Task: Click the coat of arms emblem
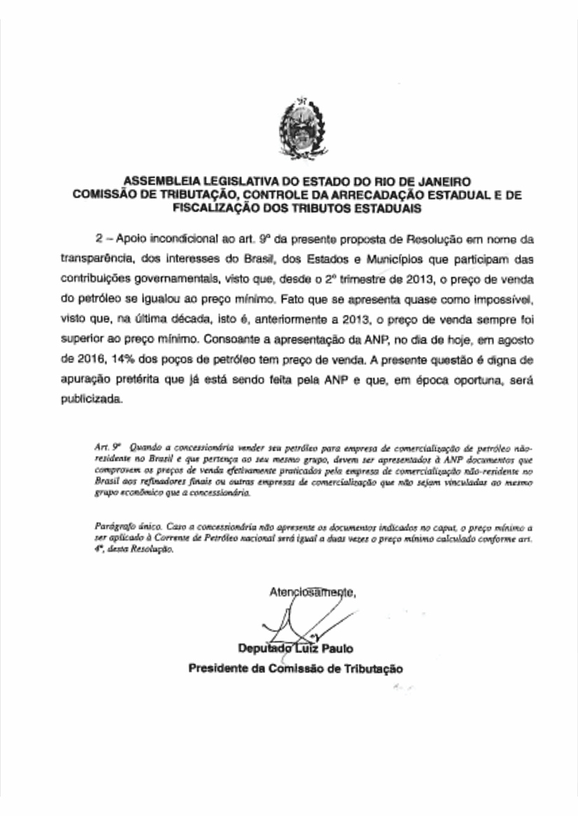[x=289, y=129]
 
